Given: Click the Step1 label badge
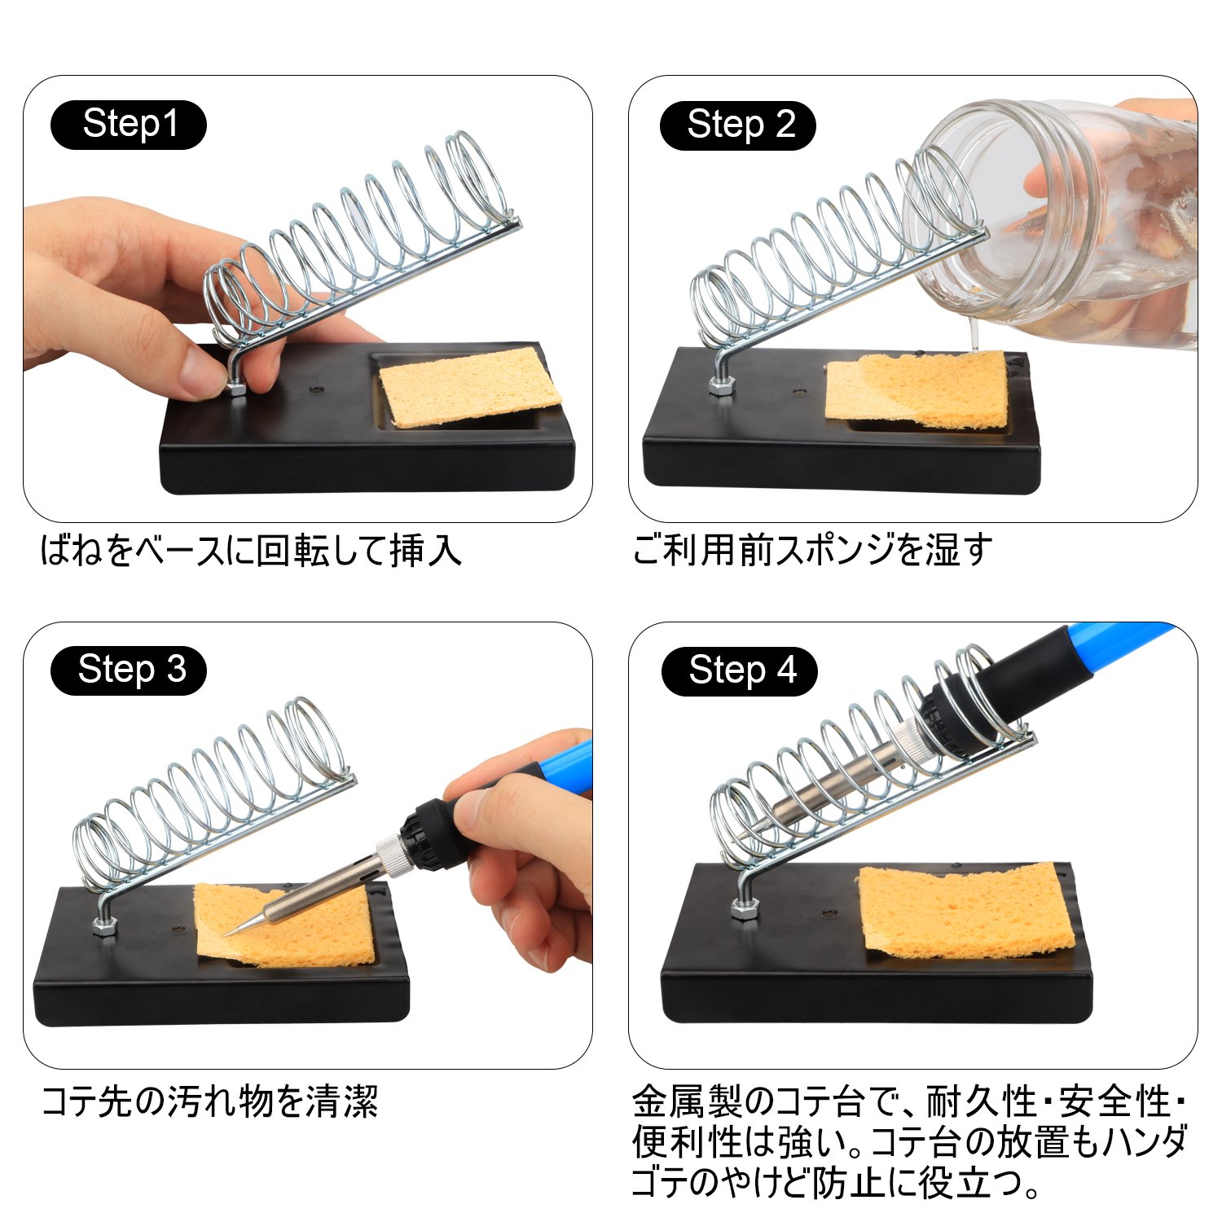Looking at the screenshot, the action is point(129,125).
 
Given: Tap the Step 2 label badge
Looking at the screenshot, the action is point(738,125).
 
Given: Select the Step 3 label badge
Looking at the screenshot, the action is point(129,670).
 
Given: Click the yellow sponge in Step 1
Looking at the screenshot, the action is point(471,386).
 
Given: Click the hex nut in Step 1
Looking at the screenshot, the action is point(236,388).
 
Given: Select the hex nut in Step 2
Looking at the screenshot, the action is point(720,385).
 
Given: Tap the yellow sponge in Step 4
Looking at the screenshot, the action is point(965,912).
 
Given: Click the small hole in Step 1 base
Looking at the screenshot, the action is point(316,389).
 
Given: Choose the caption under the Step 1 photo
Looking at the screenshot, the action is point(251,551).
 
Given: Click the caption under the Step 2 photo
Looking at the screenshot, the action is point(812,550).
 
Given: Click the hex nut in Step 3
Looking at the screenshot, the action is point(105,925).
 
